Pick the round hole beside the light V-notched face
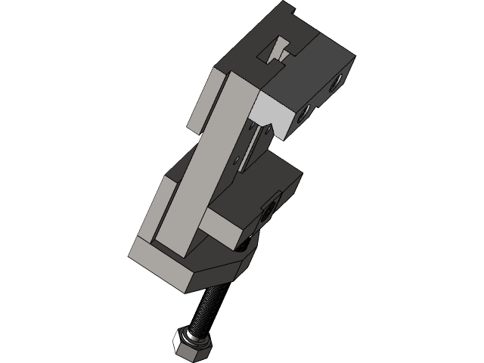[304, 114]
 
